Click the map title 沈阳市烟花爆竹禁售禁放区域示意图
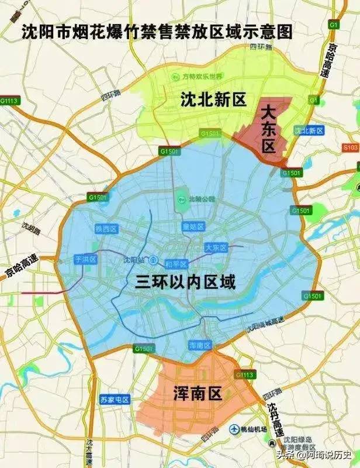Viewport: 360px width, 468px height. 156,30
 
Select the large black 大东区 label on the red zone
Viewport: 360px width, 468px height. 268,128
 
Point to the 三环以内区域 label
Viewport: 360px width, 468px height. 186,283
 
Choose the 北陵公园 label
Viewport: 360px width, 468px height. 189,199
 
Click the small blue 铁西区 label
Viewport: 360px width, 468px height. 107,229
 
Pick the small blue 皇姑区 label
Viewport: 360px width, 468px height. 192,226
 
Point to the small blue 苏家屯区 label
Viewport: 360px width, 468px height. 114,400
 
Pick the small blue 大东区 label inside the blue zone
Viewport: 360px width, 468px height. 216,248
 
